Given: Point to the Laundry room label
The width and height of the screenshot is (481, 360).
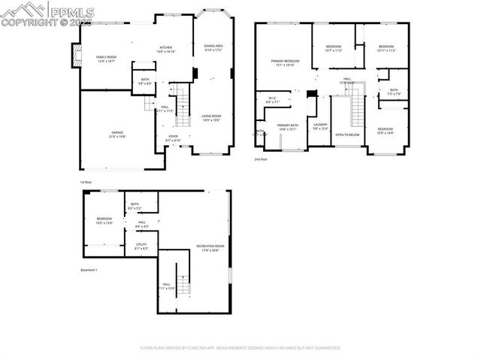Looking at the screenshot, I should [319, 126].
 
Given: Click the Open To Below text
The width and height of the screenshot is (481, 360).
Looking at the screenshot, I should [347, 135].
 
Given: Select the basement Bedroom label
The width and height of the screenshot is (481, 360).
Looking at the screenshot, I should [103, 220].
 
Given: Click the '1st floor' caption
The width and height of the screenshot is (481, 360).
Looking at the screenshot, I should [87, 182].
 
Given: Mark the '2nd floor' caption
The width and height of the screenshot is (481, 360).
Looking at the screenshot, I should [261, 159].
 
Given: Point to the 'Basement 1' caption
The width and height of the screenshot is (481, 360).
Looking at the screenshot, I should [89, 270].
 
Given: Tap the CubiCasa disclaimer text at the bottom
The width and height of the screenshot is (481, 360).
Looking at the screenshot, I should [240, 348].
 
